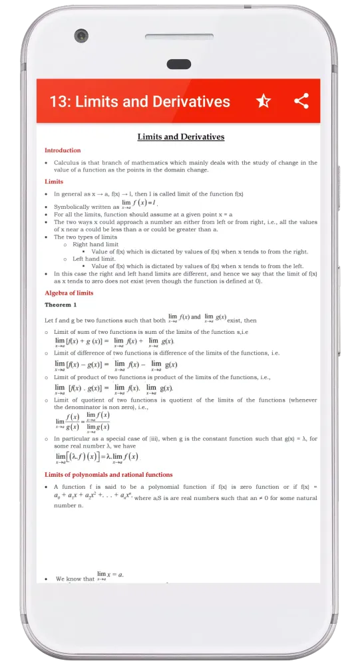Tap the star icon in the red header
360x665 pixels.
[x=264, y=101]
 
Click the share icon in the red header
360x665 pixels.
[x=301, y=101]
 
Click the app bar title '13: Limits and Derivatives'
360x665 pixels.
[x=140, y=102]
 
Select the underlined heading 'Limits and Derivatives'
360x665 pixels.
[x=180, y=137]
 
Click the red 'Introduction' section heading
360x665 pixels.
[x=63, y=150]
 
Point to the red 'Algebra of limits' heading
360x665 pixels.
[x=69, y=293]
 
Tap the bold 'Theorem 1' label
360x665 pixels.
[x=61, y=305]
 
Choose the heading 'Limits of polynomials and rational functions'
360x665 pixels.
[x=108, y=475]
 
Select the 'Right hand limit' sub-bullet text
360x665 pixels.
[x=95, y=245]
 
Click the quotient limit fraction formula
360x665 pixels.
[x=84, y=422]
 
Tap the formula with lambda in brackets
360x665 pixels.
[x=97, y=458]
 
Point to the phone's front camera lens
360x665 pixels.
[x=81, y=35]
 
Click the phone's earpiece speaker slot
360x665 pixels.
[x=178, y=65]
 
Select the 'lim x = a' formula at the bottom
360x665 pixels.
[x=110, y=576]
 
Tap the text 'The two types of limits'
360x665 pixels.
[x=85, y=237]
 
